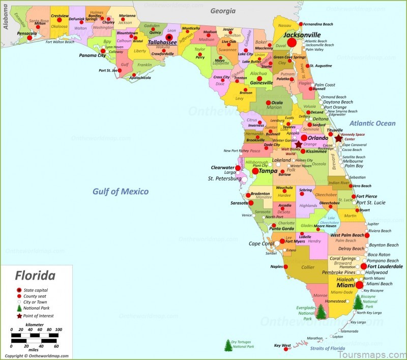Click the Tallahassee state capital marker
click(169, 37)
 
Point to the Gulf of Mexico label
click(121, 191)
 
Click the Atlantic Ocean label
click(372, 123)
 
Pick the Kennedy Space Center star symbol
click(338, 138)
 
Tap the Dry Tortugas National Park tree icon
click(228, 345)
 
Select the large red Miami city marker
click(360, 285)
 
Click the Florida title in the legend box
click(35, 276)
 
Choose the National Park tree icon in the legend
click(19, 308)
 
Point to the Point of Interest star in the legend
click(19, 316)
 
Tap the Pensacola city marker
click(34, 35)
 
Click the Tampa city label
click(268, 171)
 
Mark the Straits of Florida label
click(328, 348)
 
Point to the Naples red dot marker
click(285, 266)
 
